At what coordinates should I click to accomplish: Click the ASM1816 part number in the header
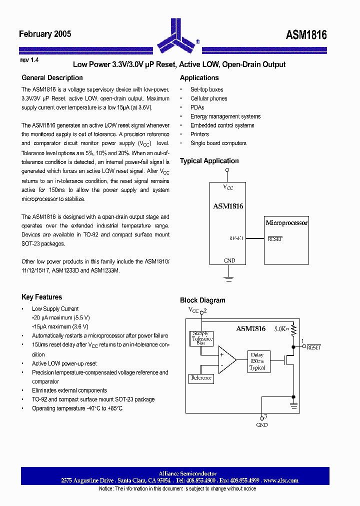[306, 34]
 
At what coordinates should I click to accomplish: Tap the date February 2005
[45, 34]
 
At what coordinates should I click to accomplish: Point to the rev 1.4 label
[29, 60]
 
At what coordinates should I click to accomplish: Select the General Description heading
[52, 77]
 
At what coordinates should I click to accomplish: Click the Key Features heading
[41, 297]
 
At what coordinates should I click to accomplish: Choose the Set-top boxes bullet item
[206, 89]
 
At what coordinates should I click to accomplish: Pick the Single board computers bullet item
[218, 143]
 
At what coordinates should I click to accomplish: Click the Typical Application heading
[209, 161]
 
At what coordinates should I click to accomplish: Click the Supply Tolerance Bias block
[201, 338]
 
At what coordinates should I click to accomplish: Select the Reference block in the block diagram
[201, 378]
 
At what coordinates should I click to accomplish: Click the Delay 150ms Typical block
[257, 361]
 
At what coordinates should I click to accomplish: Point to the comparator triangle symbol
[226, 360]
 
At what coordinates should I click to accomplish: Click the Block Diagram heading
[202, 300]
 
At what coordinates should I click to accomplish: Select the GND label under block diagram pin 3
[261, 425]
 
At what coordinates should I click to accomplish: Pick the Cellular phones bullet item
[208, 98]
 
